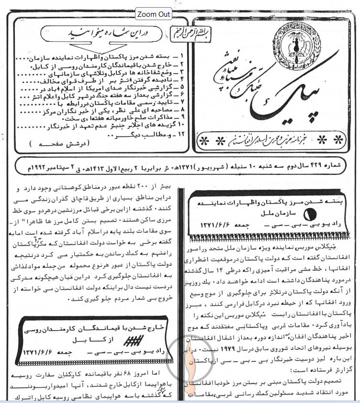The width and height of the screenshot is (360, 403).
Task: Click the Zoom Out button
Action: [154, 14]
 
